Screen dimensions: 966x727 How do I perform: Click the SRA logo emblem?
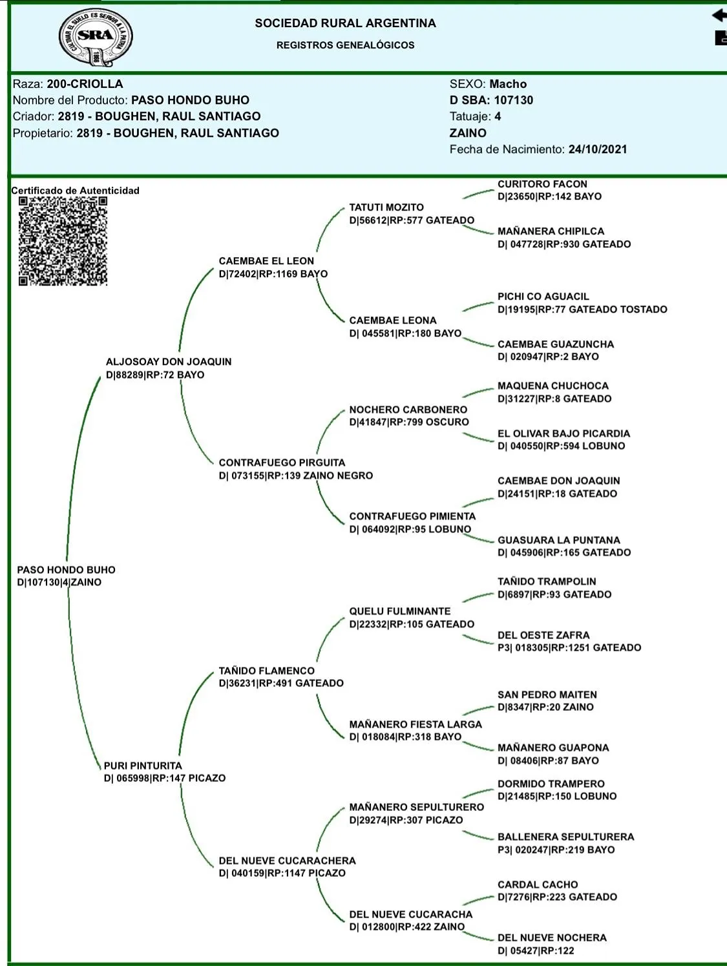pyautogui.click(x=96, y=37)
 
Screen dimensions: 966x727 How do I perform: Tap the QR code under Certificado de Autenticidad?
pyautogui.click(x=63, y=241)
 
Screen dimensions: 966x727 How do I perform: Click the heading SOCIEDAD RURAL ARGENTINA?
pyautogui.click(x=345, y=23)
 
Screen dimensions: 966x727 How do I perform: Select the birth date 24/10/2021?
pyautogui.click(x=598, y=149)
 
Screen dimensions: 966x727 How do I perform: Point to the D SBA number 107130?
pyautogui.click(x=514, y=100)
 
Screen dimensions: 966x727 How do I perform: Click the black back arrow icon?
pyautogui.click(x=719, y=16)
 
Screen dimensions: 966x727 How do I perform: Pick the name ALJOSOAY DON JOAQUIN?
pyautogui.click(x=169, y=362)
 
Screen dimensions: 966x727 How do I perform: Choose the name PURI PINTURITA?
pyautogui.click(x=143, y=766)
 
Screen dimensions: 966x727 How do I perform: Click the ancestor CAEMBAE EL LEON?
pyautogui.click(x=266, y=261)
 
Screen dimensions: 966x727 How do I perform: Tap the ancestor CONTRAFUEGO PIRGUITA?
pyautogui.click(x=282, y=463)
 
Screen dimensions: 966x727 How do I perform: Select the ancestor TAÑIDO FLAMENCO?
pyautogui.click(x=266, y=671)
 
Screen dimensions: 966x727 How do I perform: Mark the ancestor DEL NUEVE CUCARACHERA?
pyautogui.click(x=287, y=861)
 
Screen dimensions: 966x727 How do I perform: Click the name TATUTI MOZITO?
pyautogui.click(x=386, y=207)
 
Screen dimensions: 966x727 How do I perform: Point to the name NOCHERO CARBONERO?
pyautogui.click(x=408, y=410)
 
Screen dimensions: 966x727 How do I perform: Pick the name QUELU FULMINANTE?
pyautogui.click(x=400, y=611)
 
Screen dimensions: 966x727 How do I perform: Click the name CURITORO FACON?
pyautogui.click(x=542, y=184)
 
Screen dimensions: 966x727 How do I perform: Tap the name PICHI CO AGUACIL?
pyautogui.click(x=543, y=297)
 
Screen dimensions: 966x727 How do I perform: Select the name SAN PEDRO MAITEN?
pyautogui.click(x=547, y=695)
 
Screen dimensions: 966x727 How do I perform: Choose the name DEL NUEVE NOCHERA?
pyautogui.click(x=552, y=938)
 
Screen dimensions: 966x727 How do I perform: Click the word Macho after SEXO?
pyautogui.click(x=508, y=84)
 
